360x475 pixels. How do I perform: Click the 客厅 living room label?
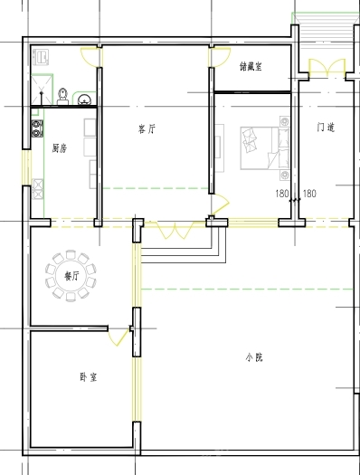(147, 129)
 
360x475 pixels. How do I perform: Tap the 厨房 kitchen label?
(60, 148)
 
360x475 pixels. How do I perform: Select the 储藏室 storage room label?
(251, 66)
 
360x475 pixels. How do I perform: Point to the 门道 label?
(326, 127)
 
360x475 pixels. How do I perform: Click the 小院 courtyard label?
(254, 357)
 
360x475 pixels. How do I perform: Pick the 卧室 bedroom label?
(89, 377)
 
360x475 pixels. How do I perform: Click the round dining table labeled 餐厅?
(71, 276)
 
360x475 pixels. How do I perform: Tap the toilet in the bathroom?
(62, 97)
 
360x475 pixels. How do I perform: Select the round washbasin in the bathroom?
(84, 100)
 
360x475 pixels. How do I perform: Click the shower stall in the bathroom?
(42, 90)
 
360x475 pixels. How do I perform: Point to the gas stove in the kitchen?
(37, 128)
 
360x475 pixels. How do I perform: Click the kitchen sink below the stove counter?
(38, 189)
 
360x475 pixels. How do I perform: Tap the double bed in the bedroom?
(265, 147)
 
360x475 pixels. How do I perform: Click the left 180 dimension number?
(282, 194)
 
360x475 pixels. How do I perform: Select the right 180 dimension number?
(309, 194)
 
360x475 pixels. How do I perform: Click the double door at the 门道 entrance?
(327, 68)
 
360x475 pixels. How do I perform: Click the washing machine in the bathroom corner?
(41, 57)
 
